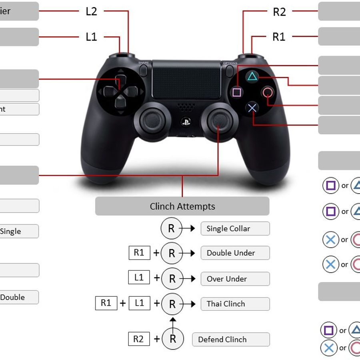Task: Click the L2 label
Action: (91, 11)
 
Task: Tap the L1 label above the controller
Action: (91, 37)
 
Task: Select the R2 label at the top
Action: (279, 12)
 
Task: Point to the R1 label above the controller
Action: (279, 37)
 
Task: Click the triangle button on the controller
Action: (252, 76)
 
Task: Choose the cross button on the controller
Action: (252, 108)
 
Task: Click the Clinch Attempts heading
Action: (182, 206)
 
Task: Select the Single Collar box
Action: (235, 229)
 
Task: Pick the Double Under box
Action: (235, 253)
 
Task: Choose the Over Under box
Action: (235, 279)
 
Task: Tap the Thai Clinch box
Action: (235, 304)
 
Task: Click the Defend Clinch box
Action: (231, 340)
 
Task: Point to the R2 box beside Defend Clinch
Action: (138, 339)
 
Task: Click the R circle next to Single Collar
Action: (171, 228)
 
